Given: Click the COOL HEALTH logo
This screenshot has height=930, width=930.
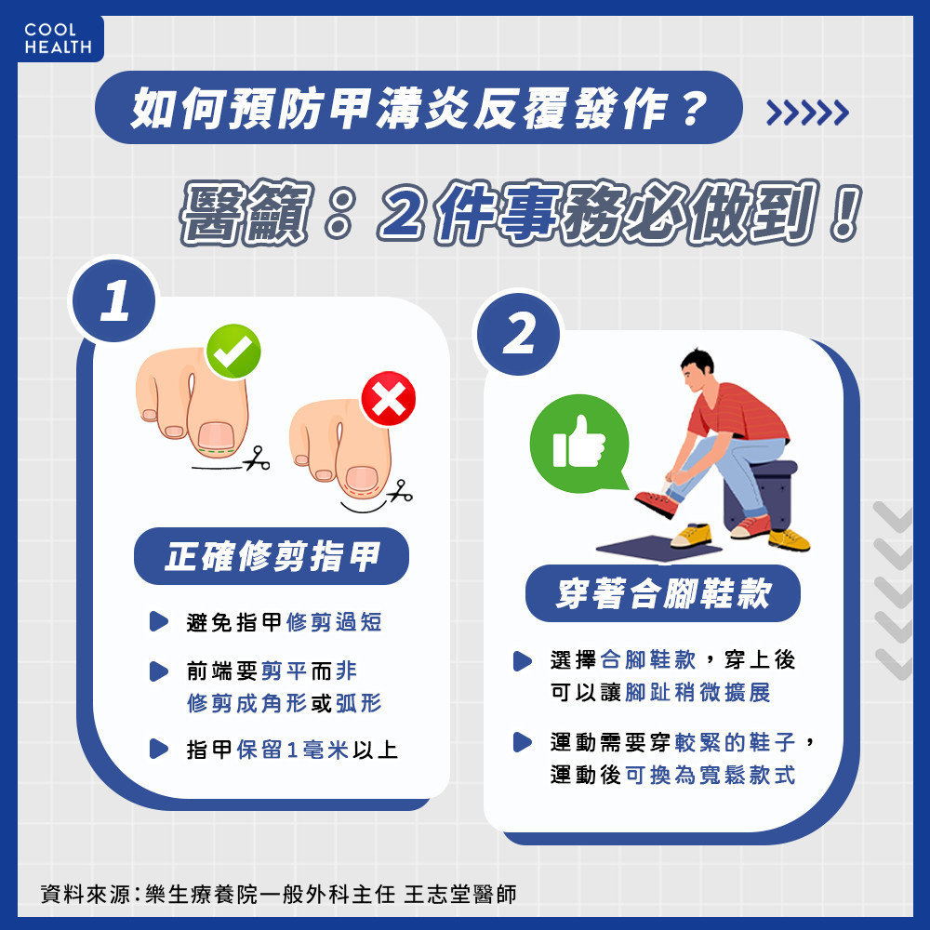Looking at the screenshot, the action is coord(58,38).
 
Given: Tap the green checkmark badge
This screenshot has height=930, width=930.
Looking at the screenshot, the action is coord(233,352).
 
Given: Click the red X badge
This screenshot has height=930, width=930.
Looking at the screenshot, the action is coord(388,399).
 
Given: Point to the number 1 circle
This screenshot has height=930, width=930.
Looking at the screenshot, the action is coord(113,300).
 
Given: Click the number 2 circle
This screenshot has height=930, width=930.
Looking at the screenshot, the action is coord(518,333).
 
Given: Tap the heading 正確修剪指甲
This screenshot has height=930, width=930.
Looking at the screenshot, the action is coord(272,556).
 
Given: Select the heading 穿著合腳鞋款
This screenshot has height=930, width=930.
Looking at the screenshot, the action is coord(662,593).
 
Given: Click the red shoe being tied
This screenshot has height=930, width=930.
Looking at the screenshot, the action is coord(657,504).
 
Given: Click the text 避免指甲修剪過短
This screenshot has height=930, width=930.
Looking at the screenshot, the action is coord(284,622).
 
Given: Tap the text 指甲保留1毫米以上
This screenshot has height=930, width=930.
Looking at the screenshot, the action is coord(292,750).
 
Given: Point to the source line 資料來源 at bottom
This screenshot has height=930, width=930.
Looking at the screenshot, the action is coord(278,894).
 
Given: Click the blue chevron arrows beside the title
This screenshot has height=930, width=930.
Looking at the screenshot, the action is coord(807,113).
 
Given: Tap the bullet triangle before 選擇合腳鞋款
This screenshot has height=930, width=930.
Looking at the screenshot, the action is coord(522,660).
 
